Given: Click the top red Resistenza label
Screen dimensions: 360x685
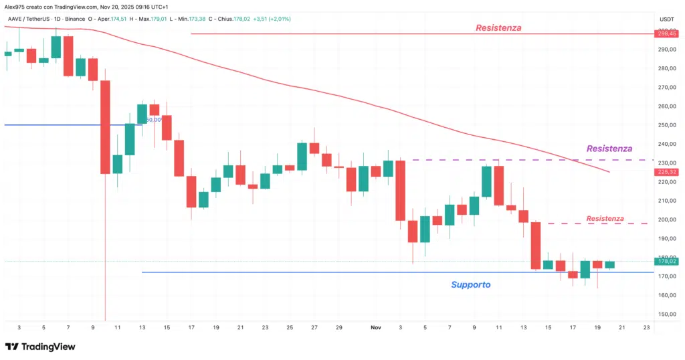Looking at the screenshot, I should [498, 28].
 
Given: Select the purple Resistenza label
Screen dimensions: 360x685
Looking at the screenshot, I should [609, 149].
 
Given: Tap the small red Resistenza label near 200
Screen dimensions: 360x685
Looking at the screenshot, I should [605, 219].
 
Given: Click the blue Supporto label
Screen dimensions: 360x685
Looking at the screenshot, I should [470, 285].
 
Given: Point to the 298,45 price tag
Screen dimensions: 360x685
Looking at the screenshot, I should [668, 33].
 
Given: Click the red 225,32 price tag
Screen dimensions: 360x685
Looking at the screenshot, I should [668, 172].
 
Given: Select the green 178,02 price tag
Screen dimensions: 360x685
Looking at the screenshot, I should [668, 262].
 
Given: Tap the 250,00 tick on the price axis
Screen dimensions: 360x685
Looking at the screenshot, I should [666, 125].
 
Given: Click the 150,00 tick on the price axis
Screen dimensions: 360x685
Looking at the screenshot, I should [666, 314].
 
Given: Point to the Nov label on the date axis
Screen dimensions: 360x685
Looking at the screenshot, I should [375, 328].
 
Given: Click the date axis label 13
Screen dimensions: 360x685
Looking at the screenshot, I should [142, 328].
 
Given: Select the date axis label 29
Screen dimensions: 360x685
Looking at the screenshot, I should [338, 328].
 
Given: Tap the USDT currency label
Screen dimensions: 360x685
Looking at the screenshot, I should [666, 19].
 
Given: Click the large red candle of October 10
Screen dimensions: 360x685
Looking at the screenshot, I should [105, 127].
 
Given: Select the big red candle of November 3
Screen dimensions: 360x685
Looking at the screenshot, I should [400, 190].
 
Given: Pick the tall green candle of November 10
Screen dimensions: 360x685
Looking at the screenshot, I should [486, 181].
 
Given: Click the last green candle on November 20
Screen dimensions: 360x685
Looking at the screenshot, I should [609, 264].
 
